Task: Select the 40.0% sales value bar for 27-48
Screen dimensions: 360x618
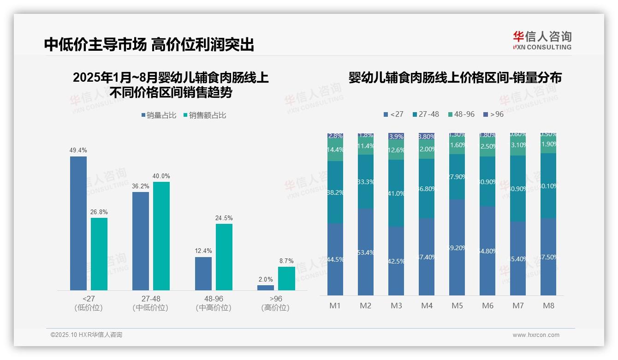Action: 161,236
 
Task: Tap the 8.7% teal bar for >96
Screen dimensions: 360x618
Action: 286,278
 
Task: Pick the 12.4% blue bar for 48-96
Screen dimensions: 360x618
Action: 203,273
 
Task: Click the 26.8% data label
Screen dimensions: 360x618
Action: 99,212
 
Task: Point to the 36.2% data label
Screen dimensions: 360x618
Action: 141,186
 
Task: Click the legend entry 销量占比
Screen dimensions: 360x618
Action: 158,115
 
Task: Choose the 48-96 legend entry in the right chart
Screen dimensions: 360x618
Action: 461,114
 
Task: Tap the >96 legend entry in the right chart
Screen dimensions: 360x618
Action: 493,114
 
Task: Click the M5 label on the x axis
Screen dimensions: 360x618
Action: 457,306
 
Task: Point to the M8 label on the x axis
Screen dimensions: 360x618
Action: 548,306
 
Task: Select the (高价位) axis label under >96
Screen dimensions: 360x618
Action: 275,308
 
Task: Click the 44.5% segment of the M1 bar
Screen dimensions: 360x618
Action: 335,259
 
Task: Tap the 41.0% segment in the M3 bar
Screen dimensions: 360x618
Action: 396,193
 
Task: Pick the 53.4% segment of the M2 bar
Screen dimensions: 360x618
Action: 366,252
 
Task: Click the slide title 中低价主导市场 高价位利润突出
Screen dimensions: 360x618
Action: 149,45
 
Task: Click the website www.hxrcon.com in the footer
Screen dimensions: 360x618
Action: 536,335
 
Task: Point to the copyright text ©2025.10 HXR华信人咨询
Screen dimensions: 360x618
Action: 86,335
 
